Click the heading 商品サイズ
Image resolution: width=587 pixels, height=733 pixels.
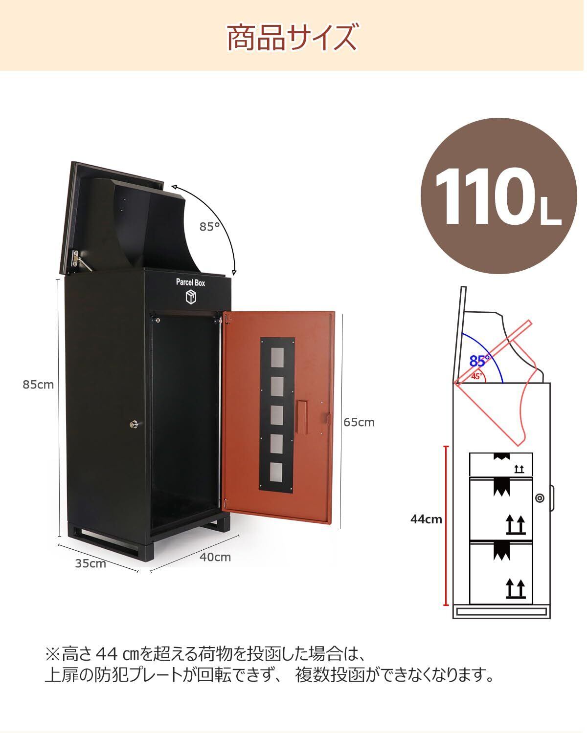tap(292, 37)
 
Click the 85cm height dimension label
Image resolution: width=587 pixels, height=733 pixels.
tap(38, 385)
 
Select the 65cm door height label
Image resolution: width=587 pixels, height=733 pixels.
tap(359, 422)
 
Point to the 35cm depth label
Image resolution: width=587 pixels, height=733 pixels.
tap(90, 563)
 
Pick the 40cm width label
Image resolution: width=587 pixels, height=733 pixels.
tap(215, 557)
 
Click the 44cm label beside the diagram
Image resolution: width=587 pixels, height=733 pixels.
tap(426, 519)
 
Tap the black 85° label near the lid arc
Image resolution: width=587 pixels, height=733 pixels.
tap(209, 227)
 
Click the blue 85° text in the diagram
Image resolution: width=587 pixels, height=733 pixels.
tap(479, 361)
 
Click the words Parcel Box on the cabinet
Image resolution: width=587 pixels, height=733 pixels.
tap(191, 282)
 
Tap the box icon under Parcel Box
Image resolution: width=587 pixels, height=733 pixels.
tap(191, 297)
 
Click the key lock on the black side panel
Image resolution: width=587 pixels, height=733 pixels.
tap(134, 425)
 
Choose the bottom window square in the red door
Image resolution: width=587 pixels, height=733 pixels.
tap(277, 471)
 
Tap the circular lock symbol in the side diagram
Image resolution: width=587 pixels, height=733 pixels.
tap(540, 498)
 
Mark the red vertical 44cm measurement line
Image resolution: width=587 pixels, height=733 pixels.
tap(446, 525)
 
